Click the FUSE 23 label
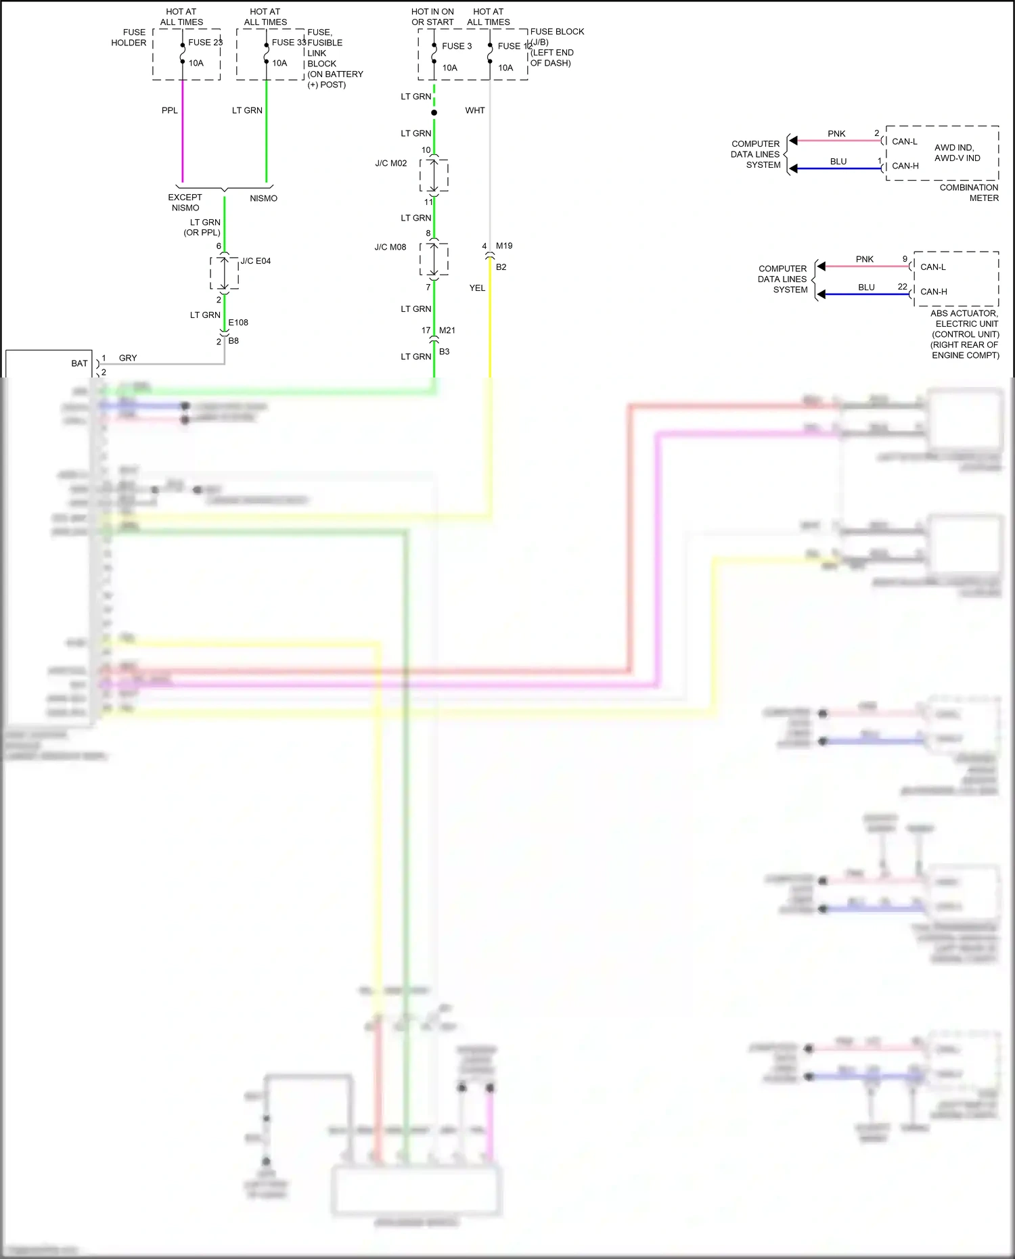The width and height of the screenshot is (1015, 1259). coord(205,42)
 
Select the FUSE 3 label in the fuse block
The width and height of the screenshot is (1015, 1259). coord(457,46)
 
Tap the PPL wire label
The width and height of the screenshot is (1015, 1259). coord(169,110)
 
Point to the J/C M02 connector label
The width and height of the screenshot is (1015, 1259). coord(391,163)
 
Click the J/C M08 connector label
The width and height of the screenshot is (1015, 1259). coord(390,247)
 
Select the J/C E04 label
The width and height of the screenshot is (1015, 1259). coord(256,260)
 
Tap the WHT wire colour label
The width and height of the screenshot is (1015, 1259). coord(475,110)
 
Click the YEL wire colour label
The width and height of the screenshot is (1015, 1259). coord(477,288)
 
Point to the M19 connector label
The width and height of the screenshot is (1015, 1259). coord(504,246)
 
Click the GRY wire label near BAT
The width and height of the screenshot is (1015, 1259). coord(128,358)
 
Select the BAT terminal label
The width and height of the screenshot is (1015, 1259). coord(79,363)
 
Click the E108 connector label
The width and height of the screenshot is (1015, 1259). coord(238,322)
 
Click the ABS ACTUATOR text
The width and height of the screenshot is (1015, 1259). coord(964,313)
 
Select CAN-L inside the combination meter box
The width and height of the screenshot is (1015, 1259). coord(905,141)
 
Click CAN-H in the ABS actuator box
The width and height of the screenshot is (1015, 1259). coord(933,292)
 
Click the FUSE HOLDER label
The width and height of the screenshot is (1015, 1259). coord(129,37)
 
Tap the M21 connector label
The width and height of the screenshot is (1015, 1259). coord(447,330)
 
